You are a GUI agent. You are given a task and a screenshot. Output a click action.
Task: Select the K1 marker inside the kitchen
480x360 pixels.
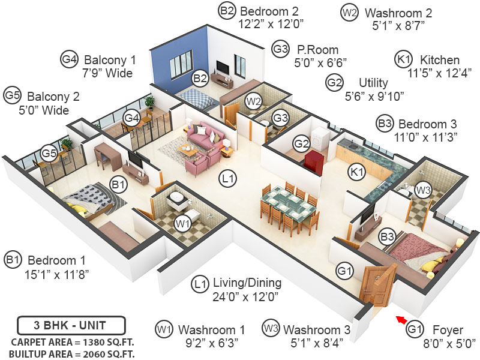[357, 173]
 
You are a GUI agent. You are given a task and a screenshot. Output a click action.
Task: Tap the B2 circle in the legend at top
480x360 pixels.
[227, 11]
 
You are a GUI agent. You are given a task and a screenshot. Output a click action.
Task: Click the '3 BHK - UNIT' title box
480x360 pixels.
[71, 326]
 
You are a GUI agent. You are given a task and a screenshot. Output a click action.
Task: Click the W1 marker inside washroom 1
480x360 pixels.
[182, 224]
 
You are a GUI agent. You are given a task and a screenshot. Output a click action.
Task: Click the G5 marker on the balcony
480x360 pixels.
[49, 154]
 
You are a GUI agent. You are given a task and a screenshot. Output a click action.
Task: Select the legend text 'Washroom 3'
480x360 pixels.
[316, 329]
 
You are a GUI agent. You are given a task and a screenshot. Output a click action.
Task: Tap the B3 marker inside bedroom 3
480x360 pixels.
[387, 238]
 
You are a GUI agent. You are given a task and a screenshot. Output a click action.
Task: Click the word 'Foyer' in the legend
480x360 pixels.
[448, 329]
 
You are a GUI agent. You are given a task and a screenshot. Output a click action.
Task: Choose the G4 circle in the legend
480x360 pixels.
[70, 59]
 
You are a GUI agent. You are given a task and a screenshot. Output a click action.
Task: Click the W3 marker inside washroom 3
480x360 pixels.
[423, 191]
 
